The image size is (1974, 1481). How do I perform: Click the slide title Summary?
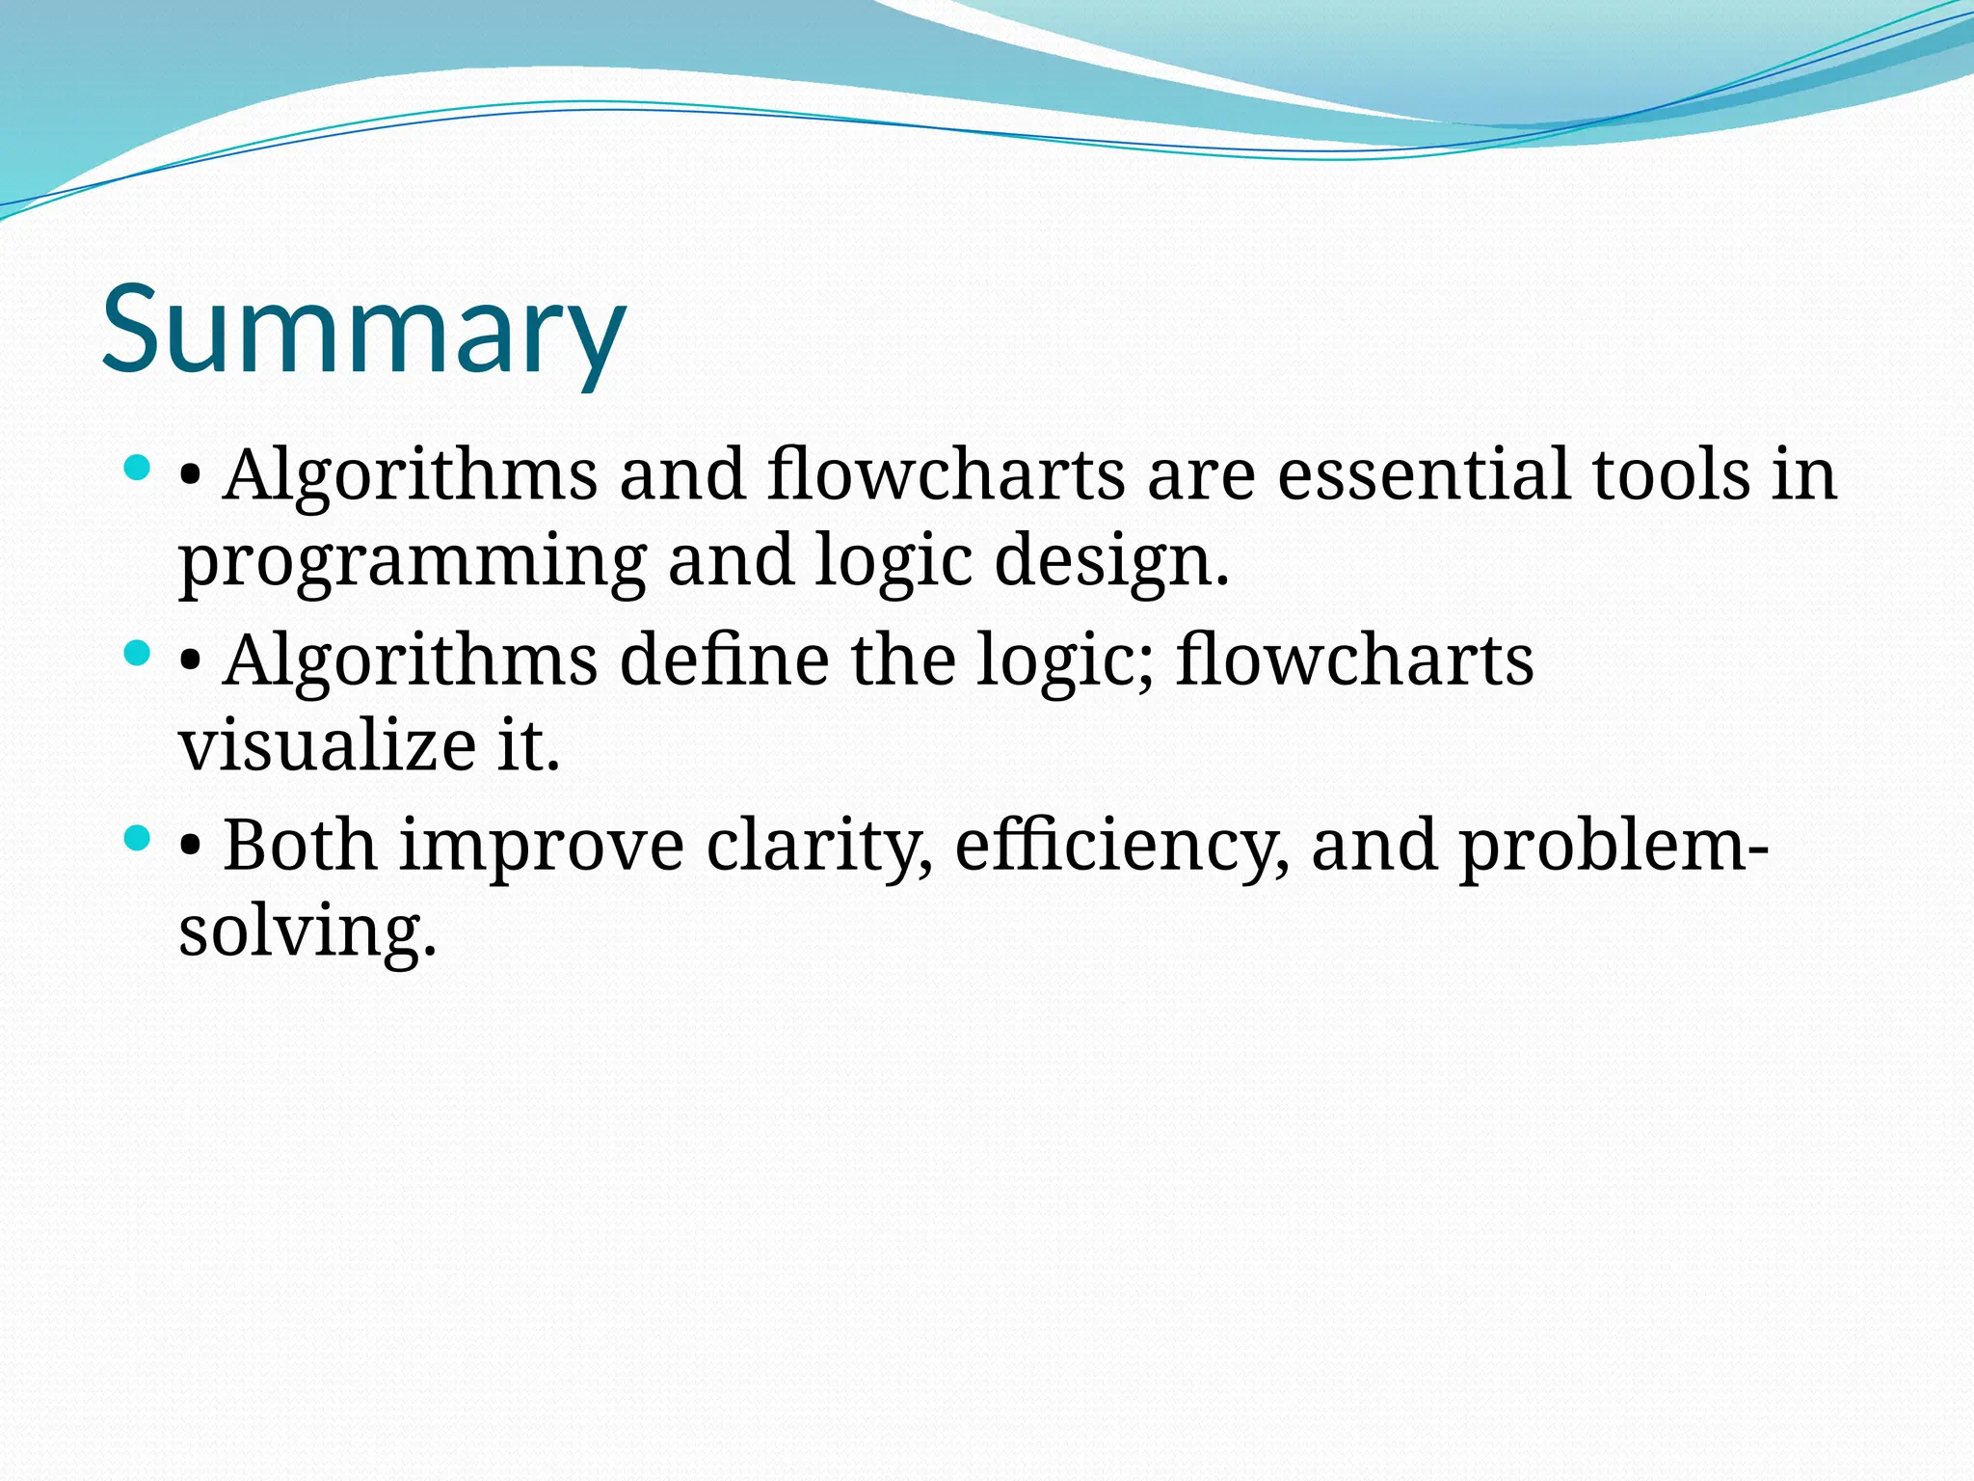point(364,330)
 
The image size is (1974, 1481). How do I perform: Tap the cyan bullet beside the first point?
point(139,470)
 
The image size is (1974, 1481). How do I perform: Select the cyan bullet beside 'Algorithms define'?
point(139,654)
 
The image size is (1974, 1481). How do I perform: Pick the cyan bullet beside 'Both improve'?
point(139,839)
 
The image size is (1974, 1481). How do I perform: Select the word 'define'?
point(724,660)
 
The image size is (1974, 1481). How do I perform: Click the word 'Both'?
point(301,846)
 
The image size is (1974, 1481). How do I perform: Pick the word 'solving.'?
point(307,932)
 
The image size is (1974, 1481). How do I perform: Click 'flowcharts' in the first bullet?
point(946,474)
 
